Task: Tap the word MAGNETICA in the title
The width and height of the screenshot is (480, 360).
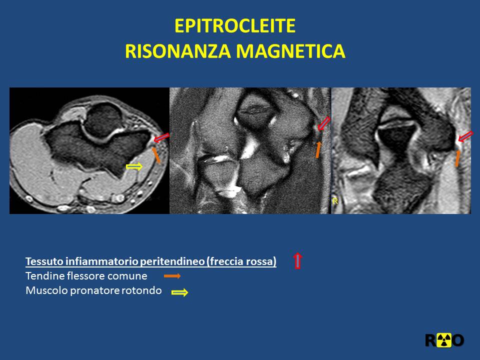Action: point(291,51)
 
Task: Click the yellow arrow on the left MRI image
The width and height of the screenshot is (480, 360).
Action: point(134,166)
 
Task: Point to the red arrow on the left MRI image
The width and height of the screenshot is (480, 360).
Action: point(161,138)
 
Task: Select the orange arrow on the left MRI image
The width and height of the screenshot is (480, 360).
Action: point(156,155)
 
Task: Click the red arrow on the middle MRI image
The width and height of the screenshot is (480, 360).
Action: point(324,123)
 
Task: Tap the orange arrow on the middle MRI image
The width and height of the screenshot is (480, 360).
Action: point(318,149)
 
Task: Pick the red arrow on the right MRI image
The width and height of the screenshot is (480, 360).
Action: point(465,136)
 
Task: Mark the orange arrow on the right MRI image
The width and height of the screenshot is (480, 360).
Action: point(457,158)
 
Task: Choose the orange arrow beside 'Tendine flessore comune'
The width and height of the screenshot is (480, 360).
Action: point(172,276)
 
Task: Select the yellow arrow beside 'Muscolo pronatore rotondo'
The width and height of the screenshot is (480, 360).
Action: point(179,292)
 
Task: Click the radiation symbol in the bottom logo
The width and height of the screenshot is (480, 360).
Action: point(444,340)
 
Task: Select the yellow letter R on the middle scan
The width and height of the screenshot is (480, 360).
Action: point(335,201)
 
